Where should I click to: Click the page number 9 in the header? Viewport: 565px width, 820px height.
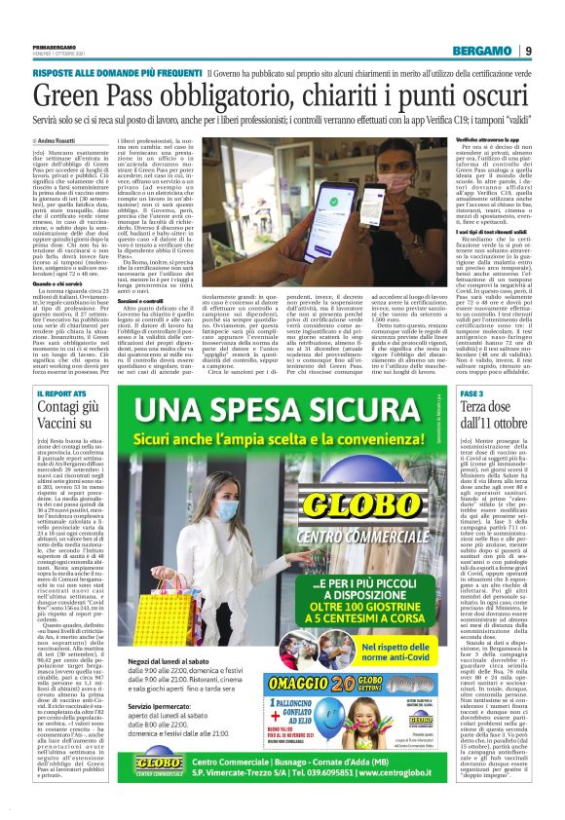[527, 52]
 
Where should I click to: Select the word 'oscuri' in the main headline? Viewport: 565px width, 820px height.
[488, 94]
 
